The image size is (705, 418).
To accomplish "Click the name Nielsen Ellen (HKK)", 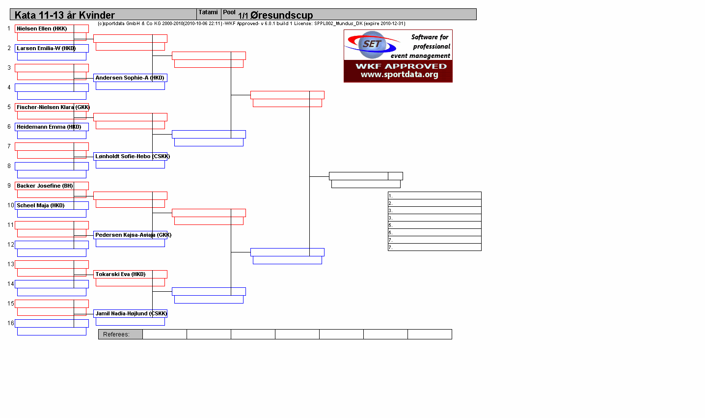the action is [x=42, y=28].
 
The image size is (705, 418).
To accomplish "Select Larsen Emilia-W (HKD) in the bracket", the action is [x=46, y=48].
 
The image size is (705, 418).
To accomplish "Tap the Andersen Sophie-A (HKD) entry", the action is [x=130, y=78].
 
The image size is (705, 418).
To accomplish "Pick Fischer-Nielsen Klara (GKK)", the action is [x=53, y=107].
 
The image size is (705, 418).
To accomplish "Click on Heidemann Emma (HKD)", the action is [x=49, y=127].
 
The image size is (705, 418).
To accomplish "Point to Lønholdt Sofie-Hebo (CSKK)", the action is [x=133, y=156].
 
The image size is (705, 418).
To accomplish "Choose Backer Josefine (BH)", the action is [x=45, y=186].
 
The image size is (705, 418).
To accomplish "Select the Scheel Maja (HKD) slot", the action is [x=41, y=205].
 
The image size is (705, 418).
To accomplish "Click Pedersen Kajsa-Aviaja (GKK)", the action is [x=134, y=235].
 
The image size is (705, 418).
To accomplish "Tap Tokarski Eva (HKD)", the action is [x=121, y=275].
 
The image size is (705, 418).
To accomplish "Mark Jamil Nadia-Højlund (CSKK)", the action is [x=131, y=313].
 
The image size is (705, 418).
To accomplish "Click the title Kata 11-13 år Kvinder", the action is [x=64, y=15].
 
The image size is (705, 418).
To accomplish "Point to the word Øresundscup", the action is [x=282, y=15].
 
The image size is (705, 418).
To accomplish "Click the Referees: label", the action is [x=116, y=334].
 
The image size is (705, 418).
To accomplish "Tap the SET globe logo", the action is [x=372, y=44].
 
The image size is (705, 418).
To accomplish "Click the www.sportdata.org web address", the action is [x=400, y=74].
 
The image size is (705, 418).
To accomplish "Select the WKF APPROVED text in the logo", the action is [x=401, y=66].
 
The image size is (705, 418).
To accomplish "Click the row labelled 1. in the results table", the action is [x=434, y=195].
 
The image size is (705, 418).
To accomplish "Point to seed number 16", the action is [x=11, y=323].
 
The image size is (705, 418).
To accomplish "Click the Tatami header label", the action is [x=208, y=12].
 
